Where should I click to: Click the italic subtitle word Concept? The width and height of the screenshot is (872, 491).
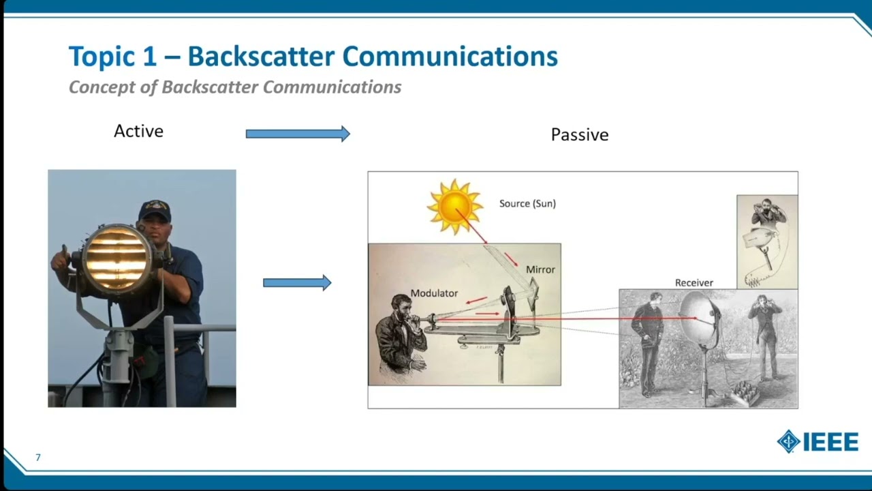coord(102,87)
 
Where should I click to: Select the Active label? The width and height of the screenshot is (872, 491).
coord(138,131)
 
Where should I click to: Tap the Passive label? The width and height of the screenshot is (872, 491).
coord(579,134)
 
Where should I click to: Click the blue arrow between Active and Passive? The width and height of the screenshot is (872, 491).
coord(298,134)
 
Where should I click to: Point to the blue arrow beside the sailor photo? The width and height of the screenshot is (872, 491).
coord(297,282)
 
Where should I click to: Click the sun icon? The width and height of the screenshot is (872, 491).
coord(454,206)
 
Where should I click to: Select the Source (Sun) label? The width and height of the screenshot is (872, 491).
coord(527,203)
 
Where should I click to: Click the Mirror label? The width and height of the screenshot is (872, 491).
coord(540,269)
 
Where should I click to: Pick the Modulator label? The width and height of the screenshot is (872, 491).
coord(434,293)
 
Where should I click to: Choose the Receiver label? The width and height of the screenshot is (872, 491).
coord(694,282)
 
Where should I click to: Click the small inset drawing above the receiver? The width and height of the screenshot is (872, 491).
coord(767,241)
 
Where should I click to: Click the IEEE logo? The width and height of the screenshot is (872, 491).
coord(817,442)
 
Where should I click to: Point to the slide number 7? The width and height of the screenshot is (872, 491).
coord(38,457)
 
